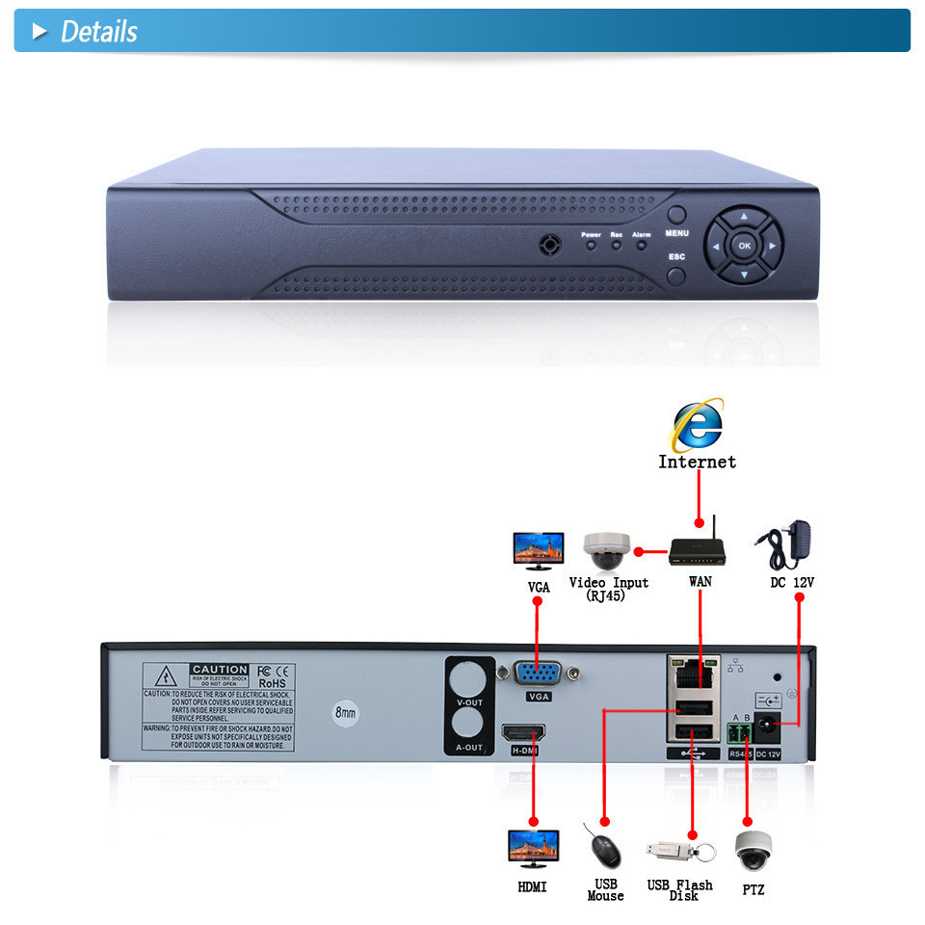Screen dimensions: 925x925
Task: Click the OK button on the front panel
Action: (x=744, y=246)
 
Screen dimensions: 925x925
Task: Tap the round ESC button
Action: (x=677, y=277)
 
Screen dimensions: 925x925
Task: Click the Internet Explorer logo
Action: (x=698, y=424)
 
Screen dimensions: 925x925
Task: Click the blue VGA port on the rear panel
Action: (x=539, y=674)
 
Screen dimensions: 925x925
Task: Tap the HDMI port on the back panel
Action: (x=523, y=733)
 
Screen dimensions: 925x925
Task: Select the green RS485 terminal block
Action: (x=741, y=737)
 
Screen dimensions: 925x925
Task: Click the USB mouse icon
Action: (x=603, y=851)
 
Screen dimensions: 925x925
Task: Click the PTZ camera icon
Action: (x=753, y=851)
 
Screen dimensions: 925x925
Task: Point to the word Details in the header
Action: (x=98, y=32)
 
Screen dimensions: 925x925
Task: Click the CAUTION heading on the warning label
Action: (x=219, y=670)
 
